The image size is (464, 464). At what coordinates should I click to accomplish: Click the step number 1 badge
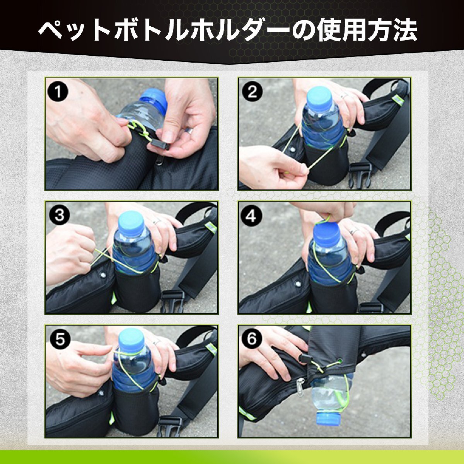(58, 92)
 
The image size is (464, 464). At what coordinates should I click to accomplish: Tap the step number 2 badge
(252, 92)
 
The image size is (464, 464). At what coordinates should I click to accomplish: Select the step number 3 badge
(59, 215)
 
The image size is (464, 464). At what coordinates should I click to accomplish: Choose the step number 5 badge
(60, 339)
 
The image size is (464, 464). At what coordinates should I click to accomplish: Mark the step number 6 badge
(252, 339)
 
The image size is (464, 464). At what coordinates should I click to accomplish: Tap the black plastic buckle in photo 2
(359, 175)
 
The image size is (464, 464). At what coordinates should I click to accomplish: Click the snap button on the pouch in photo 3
(103, 275)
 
